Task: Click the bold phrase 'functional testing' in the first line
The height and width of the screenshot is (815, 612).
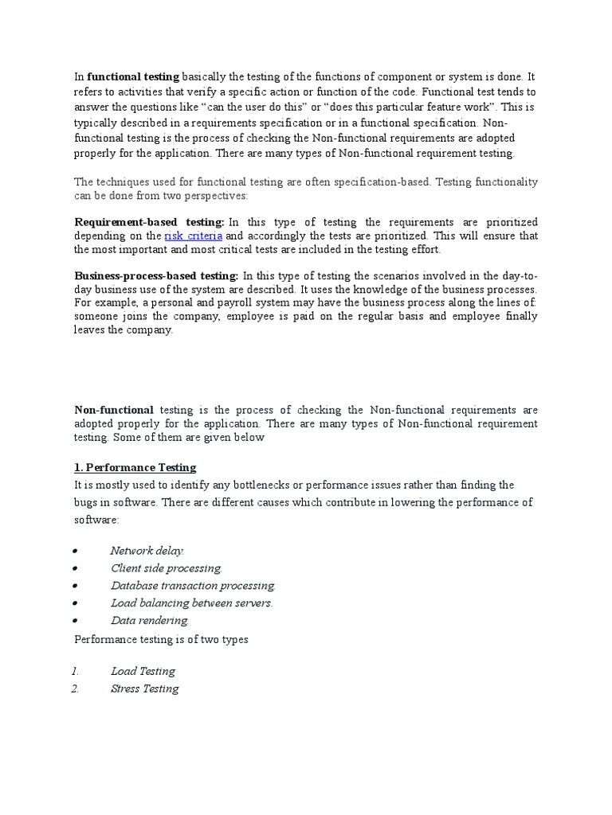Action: coord(133,76)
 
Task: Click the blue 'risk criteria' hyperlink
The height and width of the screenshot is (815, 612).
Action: coord(193,236)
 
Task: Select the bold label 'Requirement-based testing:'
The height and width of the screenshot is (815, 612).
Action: coord(150,221)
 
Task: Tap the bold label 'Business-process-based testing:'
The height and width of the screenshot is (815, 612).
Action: coord(156,275)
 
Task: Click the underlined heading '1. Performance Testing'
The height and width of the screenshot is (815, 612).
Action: coord(135,467)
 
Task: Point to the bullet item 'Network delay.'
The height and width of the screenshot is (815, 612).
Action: coord(147,550)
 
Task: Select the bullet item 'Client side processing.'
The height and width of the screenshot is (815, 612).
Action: coord(167,567)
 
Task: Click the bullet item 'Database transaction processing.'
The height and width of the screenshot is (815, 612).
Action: coord(194,585)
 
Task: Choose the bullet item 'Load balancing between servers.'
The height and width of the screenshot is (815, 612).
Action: coord(192,602)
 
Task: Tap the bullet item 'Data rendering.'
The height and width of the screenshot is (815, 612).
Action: coord(150,620)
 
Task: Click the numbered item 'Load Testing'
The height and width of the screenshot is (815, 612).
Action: coord(143,671)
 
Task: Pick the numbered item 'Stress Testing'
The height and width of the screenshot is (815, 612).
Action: coord(145,688)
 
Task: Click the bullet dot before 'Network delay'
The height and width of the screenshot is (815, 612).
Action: coord(74,551)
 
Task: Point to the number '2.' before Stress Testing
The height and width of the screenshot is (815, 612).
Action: coord(75,688)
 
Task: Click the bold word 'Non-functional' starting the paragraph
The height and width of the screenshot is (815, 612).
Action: coord(114,409)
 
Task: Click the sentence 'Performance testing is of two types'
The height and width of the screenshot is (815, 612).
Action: coord(161,639)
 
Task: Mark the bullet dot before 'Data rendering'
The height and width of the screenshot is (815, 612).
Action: coord(74,621)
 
